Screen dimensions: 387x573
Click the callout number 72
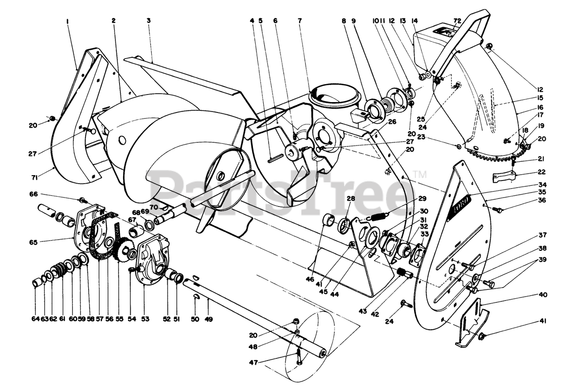click(457, 21)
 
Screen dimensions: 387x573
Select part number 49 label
click(209, 319)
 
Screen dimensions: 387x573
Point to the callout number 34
click(543, 185)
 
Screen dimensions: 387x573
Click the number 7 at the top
click(299, 21)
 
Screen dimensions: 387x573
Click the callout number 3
click(148, 21)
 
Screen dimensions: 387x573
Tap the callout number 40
click(543, 295)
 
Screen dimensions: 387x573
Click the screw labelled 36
click(496, 209)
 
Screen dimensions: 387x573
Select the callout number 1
click(68, 21)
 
